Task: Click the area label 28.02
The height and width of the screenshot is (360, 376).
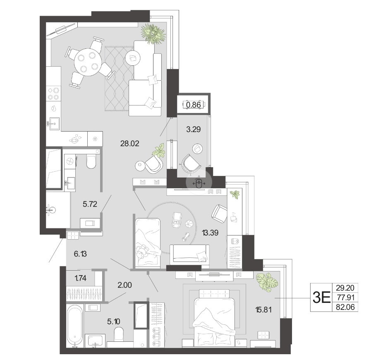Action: [129, 144]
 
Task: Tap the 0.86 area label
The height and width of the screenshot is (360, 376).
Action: [193, 105]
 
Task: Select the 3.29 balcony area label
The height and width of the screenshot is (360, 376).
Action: [193, 129]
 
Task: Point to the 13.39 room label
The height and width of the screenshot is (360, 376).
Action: [210, 233]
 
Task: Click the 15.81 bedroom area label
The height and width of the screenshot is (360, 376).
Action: [263, 310]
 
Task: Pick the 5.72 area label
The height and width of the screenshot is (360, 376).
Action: [90, 204]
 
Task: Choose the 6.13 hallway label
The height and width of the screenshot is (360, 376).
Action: [80, 254]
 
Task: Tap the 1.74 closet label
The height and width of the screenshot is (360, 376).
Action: [80, 278]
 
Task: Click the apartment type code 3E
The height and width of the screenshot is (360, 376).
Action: [321, 298]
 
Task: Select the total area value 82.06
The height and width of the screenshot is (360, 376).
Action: [345, 307]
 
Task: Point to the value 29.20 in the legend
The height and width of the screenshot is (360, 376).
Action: [345, 288]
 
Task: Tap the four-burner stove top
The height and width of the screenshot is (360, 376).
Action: [53, 94]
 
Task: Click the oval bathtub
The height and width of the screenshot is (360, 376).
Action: [75, 326]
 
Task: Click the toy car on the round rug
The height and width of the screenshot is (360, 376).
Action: [177, 220]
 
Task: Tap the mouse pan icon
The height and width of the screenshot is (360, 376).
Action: [199, 183]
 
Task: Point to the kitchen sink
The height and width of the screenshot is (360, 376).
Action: [55, 124]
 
